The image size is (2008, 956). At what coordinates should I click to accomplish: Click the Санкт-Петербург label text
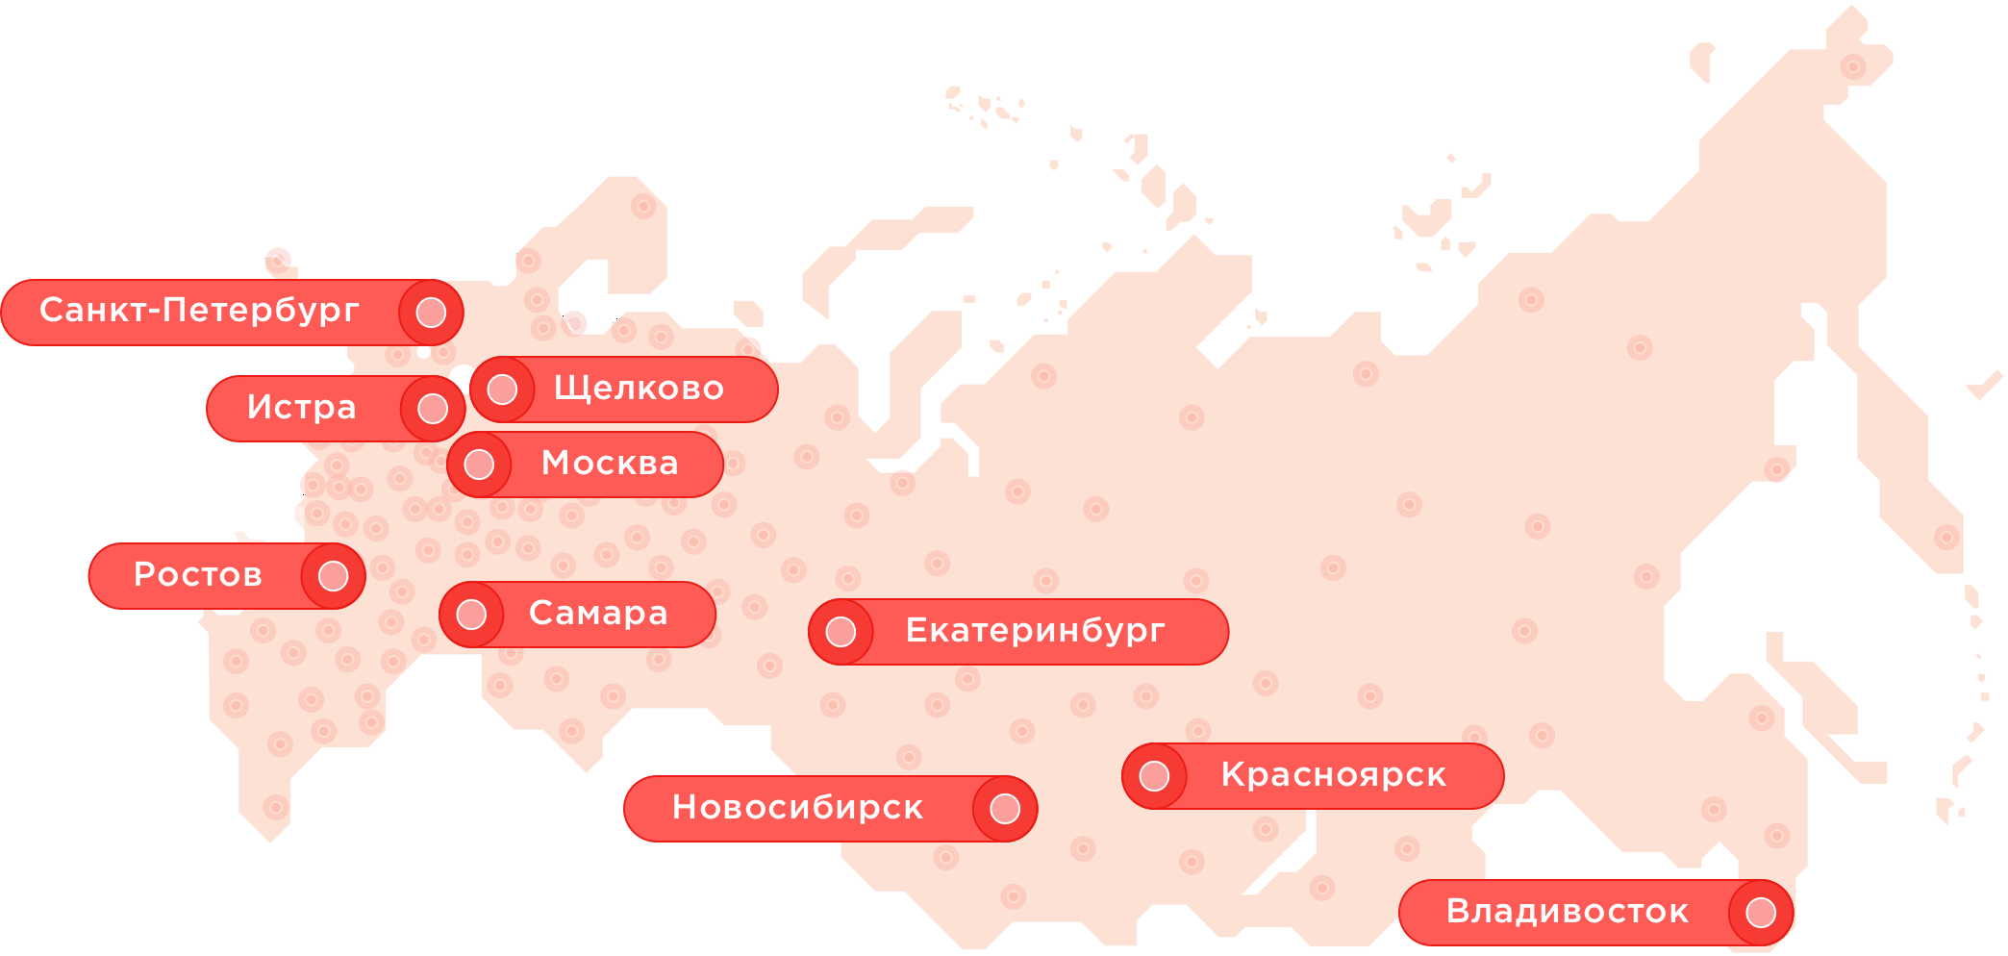pyautogui.click(x=199, y=311)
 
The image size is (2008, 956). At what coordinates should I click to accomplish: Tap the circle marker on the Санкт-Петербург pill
pyautogui.click(x=431, y=313)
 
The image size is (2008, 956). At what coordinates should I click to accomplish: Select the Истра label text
pyautogui.click(x=301, y=408)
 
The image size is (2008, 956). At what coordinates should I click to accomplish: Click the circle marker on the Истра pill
pyautogui.click(x=433, y=409)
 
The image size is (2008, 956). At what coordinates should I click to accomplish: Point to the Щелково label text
pyautogui.click(x=639, y=389)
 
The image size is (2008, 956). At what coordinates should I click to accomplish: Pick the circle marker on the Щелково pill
pyautogui.click(x=502, y=390)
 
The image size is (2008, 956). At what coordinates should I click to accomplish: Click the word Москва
pyautogui.click(x=610, y=464)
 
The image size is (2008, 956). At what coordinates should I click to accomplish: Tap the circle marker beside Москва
pyautogui.click(x=479, y=465)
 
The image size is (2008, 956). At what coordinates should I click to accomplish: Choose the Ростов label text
pyautogui.click(x=197, y=575)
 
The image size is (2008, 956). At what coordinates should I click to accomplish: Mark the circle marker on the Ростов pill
pyautogui.click(x=333, y=576)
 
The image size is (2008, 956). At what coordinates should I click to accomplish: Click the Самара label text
pyautogui.click(x=598, y=614)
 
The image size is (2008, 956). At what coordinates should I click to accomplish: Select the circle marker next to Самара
pyautogui.click(x=471, y=615)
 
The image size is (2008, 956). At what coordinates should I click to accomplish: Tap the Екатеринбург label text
pyautogui.click(x=1035, y=631)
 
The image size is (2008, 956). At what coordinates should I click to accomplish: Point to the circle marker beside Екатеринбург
pyautogui.click(x=841, y=632)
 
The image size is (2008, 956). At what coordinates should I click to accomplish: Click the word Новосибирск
pyautogui.click(x=797, y=808)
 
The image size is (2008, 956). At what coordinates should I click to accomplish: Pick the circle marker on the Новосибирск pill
pyautogui.click(x=1004, y=809)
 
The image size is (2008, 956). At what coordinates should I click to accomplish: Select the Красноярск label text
pyautogui.click(x=1333, y=775)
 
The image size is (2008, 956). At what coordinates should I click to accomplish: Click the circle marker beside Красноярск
pyautogui.click(x=1154, y=776)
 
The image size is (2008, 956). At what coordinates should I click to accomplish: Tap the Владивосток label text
pyautogui.click(x=1567, y=912)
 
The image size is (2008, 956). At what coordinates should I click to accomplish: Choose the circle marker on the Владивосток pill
pyautogui.click(x=1760, y=913)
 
